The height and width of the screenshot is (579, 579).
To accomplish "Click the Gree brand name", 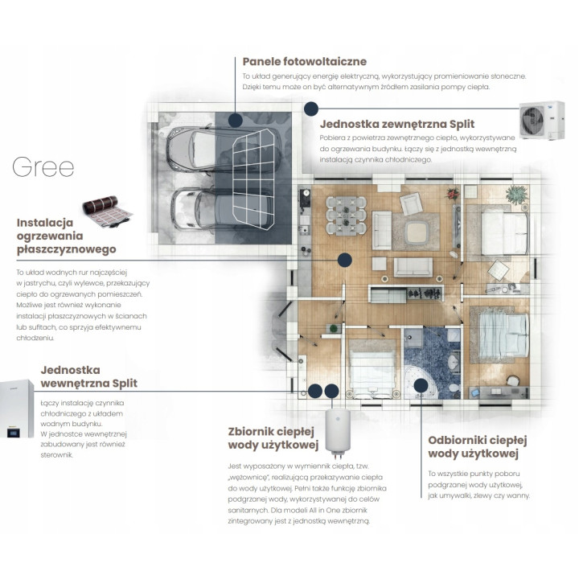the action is pyautogui.click(x=43, y=167).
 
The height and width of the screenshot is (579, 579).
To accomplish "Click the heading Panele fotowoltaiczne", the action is pyautogui.click(x=304, y=61).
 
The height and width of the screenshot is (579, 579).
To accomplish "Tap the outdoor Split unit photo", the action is pyautogui.click(x=542, y=121).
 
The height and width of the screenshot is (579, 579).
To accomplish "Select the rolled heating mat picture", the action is pyautogui.click(x=107, y=211).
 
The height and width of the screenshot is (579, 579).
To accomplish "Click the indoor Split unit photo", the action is pyautogui.click(x=16, y=408).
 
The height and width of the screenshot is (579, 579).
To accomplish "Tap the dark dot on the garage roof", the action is pyautogui.click(x=235, y=120).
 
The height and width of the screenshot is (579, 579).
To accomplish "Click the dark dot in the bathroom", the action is pyautogui.click(x=421, y=385).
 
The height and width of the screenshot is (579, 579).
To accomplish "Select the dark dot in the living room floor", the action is pyautogui.click(x=344, y=260).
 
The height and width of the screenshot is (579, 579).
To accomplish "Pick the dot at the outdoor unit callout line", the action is pyautogui.click(x=311, y=109).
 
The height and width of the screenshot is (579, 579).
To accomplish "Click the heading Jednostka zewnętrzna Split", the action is pyautogui.click(x=397, y=124).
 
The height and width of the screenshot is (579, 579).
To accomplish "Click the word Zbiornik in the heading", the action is pyautogui.click(x=249, y=431).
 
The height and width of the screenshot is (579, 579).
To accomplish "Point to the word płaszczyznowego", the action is pyautogui.click(x=67, y=249).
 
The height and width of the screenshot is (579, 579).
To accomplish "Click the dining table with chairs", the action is pyautogui.click(x=346, y=216).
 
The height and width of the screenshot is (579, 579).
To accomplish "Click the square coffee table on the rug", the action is pyautogui.click(x=417, y=232).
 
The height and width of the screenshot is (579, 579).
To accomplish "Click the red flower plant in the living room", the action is pyautogui.click(x=453, y=193).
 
